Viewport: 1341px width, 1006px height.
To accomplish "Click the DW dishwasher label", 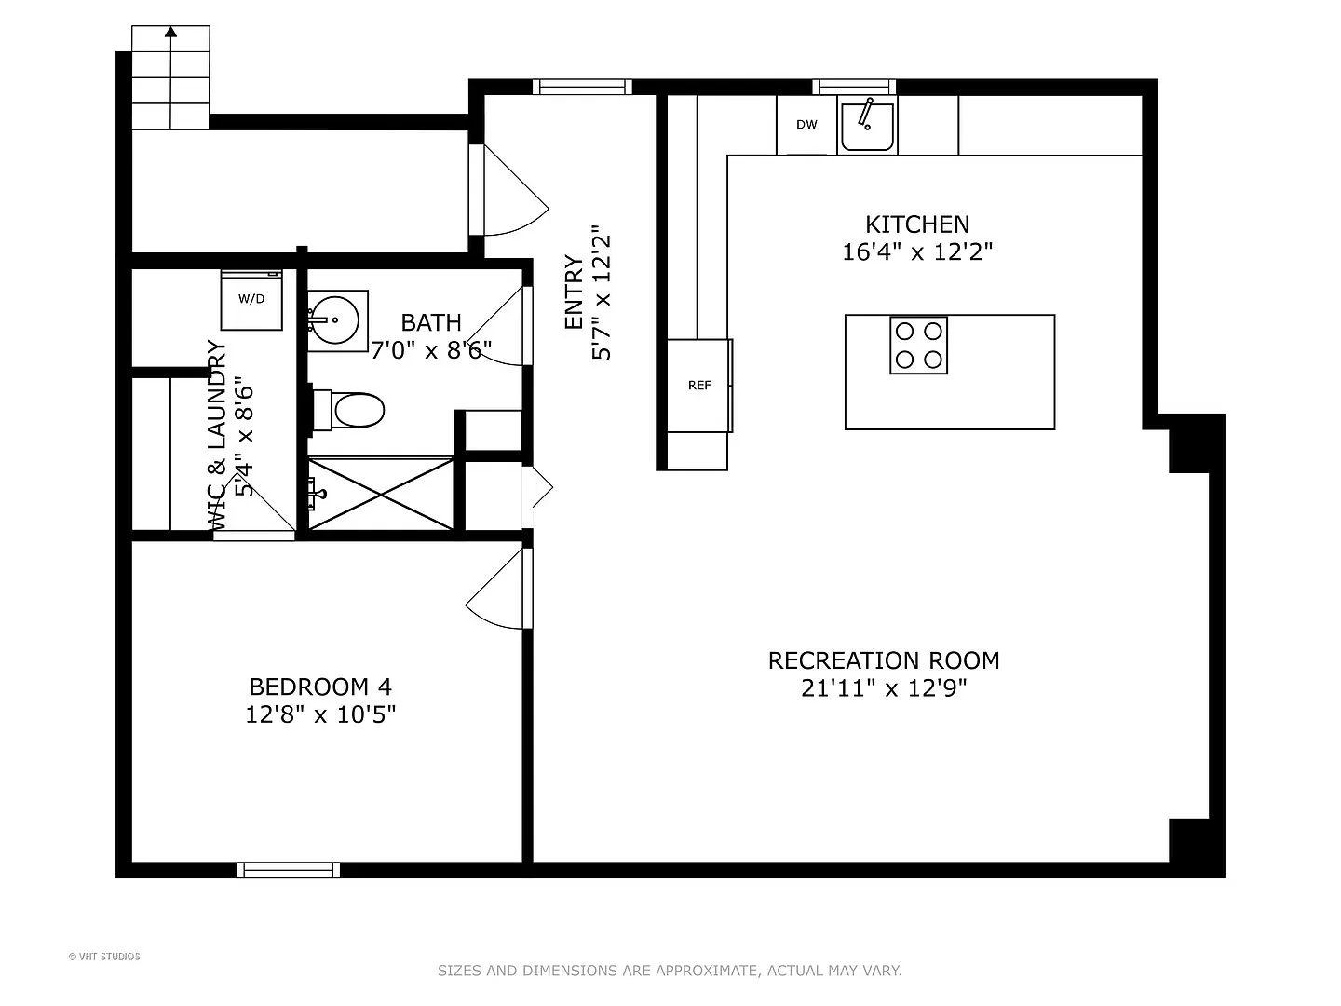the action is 806,125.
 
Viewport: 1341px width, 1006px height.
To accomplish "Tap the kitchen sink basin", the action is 867,127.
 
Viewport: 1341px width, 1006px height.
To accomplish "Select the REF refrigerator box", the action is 699,386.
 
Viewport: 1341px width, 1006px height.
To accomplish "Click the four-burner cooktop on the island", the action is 918,345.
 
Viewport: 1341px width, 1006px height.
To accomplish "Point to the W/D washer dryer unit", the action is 251,299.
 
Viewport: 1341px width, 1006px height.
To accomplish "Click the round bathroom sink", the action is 334,320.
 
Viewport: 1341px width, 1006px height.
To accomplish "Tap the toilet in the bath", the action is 349,410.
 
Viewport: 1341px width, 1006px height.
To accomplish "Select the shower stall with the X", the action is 380,494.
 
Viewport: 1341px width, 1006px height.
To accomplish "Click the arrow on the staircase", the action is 170,77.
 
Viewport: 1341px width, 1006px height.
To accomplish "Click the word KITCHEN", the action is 917,224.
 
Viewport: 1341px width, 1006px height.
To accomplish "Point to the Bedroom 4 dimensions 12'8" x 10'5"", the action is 320,714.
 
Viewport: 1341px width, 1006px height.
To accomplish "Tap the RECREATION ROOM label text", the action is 884,660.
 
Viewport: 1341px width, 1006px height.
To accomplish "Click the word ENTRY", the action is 575,292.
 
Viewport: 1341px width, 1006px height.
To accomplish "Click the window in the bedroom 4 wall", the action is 289,870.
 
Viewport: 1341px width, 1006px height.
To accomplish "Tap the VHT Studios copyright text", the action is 104,957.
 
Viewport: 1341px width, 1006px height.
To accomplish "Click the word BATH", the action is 431,322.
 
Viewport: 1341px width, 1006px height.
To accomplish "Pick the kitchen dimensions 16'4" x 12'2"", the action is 917,251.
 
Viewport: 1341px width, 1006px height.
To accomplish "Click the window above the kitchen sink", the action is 854,88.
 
